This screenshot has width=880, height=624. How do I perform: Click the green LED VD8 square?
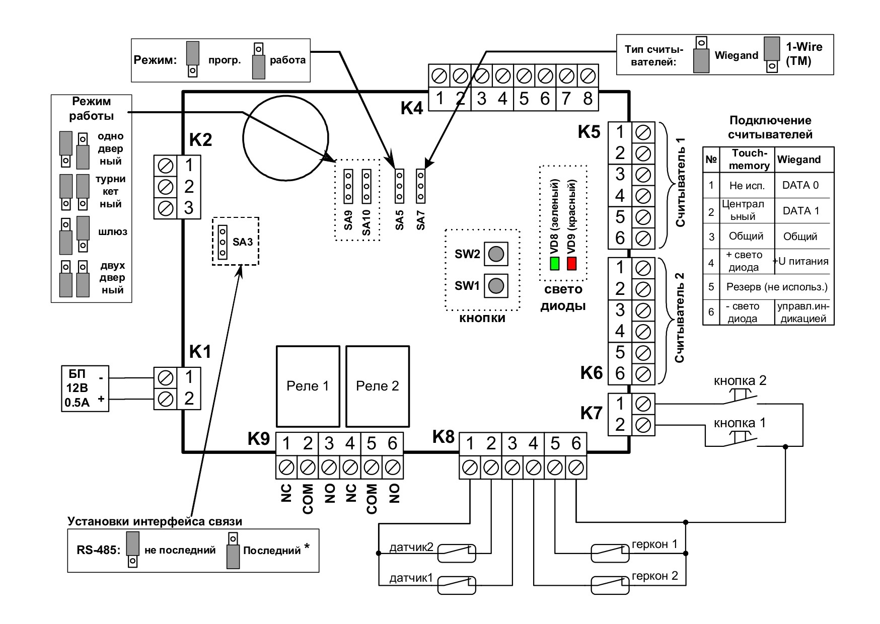(555, 264)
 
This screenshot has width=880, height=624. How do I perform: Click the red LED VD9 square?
(571, 264)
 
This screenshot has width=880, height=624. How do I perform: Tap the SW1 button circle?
(496, 286)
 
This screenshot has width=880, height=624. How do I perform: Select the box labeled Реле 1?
(307, 386)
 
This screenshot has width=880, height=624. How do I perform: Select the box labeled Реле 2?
(377, 386)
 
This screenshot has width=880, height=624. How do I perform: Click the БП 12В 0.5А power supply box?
(85, 388)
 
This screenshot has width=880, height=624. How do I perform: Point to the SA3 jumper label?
(243, 242)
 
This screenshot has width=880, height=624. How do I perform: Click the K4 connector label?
(412, 108)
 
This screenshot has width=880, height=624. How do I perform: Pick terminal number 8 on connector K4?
(588, 99)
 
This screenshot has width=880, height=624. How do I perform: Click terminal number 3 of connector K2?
(189, 207)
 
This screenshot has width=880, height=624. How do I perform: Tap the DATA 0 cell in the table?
(800, 185)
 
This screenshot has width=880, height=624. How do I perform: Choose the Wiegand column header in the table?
(799, 160)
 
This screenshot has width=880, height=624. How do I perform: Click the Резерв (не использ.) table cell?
(777, 287)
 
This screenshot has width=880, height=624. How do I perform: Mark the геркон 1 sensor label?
(654, 544)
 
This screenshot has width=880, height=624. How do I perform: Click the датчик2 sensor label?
(411, 547)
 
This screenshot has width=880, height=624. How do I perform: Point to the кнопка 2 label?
(740, 380)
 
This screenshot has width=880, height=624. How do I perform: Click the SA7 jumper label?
(421, 220)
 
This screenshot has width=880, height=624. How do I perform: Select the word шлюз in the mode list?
(113, 232)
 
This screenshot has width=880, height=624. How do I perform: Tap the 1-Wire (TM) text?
(804, 54)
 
